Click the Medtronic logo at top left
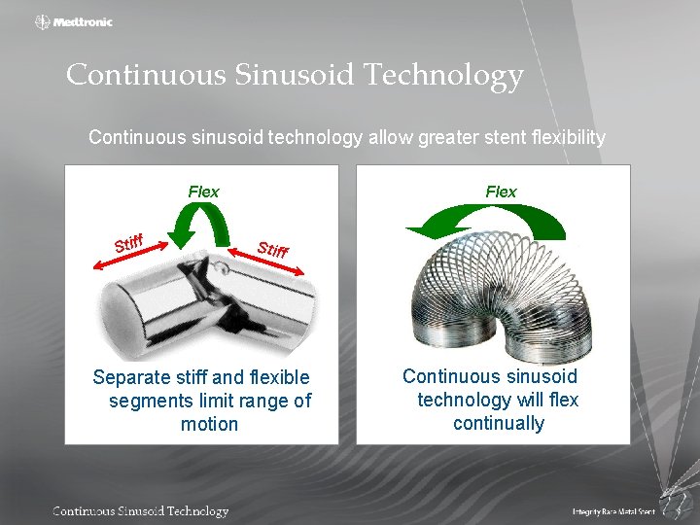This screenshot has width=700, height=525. (x=74, y=21)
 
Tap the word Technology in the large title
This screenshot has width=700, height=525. (x=448, y=75)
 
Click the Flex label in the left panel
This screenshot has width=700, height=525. (x=203, y=192)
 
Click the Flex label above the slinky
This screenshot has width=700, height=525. (x=501, y=192)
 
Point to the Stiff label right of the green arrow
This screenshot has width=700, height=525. (x=273, y=249)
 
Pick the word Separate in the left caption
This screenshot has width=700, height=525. (x=129, y=377)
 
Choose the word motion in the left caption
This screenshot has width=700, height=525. (x=209, y=424)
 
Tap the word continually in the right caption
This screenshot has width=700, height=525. (x=498, y=423)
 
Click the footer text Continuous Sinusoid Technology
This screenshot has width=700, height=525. (x=140, y=511)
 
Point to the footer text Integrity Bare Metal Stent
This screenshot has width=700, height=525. (x=612, y=511)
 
